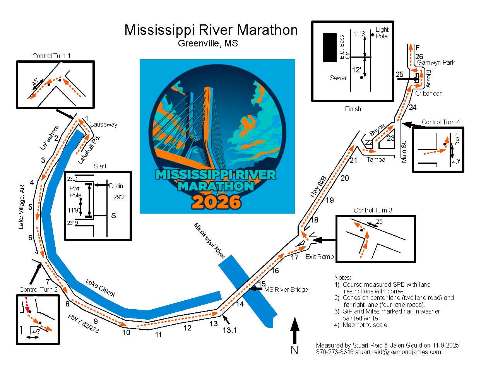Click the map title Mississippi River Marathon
click(x=211, y=30)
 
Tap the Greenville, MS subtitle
click(x=208, y=43)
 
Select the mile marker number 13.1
click(x=229, y=330)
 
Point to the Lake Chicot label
click(x=101, y=288)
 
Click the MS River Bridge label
click(x=286, y=289)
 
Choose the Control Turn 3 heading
click(x=373, y=210)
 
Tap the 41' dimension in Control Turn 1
click(x=36, y=82)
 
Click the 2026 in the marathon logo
click(x=216, y=202)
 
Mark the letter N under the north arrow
click(x=294, y=350)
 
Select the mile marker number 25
click(x=400, y=75)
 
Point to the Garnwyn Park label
click(x=436, y=62)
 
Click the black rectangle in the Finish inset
click(x=330, y=48)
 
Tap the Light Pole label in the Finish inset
click(x=382, y=33)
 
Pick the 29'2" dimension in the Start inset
click(x=120, y=197)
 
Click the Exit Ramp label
click(x=320, y=257)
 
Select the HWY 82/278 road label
click(x=83, y=324)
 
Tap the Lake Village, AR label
click(x=21, y=207)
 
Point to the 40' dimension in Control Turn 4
click(x=456, y=162)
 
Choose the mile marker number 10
click(x=126, y=332)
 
